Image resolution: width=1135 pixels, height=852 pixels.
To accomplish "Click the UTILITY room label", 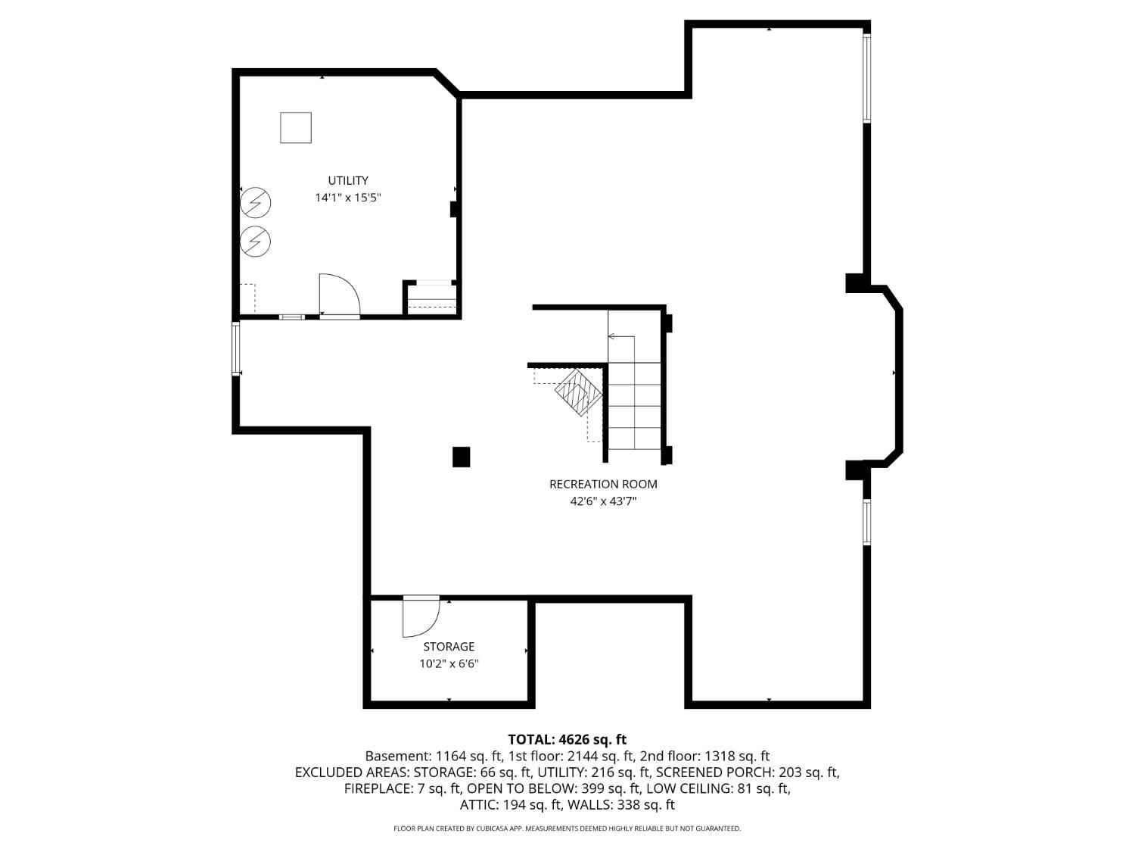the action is pos(348,180).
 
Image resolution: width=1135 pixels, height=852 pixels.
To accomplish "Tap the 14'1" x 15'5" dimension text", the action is pos(348,198).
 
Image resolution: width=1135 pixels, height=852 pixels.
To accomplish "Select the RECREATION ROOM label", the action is pos(603,484).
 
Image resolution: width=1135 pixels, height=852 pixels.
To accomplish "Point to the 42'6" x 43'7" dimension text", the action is pos(603,501).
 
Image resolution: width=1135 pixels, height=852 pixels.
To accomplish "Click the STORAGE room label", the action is pos(449,647).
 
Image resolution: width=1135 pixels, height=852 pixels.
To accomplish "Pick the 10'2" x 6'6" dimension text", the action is pos(449,663).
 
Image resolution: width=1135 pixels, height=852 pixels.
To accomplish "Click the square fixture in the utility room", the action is pos(296,127).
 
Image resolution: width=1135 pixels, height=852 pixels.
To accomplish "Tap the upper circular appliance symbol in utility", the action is pos(256,202).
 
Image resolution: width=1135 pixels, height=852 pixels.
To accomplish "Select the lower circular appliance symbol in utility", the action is pos(256,242).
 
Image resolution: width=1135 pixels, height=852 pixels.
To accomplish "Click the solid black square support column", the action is pos(462,457).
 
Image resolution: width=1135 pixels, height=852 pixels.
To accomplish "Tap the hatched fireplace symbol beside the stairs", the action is pos(579,392).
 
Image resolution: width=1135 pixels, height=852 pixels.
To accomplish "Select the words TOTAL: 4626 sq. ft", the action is pos(567,739).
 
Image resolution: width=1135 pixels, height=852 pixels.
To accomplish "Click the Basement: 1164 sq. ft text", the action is pos(434,756).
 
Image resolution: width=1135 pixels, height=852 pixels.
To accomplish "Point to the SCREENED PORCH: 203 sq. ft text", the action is pos(748,772).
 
